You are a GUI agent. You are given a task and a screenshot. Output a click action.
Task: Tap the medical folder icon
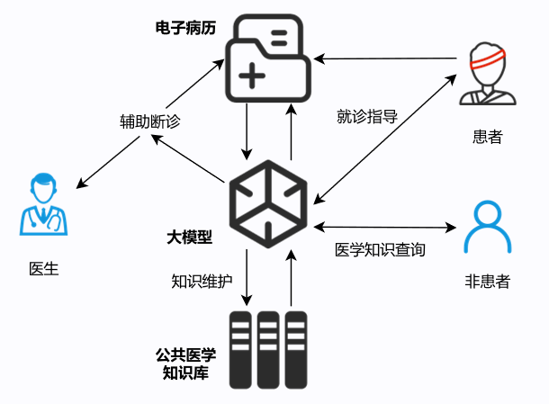[x=268, y=61]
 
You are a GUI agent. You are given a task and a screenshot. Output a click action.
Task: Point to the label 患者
[x=487, y=137]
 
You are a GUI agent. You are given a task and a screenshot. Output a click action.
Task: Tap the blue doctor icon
[x=45, y=208]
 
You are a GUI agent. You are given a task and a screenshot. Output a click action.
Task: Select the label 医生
[x=44, y=268]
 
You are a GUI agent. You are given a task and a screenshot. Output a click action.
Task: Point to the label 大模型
[x=190, y=238]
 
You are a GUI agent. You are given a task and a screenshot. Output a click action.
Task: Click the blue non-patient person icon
[x=487, y=226]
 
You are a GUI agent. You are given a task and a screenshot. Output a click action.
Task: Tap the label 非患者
[x=487, y=282]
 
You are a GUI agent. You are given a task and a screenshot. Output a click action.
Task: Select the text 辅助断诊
[x=150, y=121]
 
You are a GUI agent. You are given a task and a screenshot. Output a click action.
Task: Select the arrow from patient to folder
[x=387, y=58]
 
